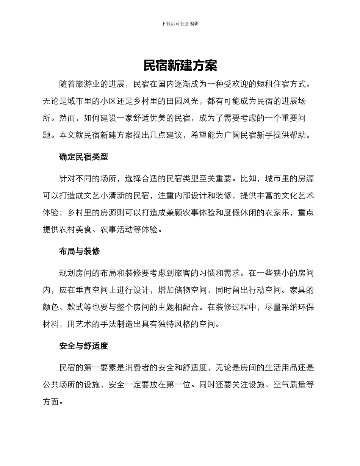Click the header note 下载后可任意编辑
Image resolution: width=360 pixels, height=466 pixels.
[x=180, y=23]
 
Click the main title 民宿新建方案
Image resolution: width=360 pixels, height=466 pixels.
[x=180, y=66]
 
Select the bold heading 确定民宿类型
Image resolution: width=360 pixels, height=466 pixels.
[x=84, y=157]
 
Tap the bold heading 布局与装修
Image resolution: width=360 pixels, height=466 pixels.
[x=80, y=251]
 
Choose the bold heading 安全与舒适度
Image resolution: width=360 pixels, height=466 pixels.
[x=84, y=346]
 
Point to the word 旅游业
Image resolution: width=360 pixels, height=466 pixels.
[x=84, y=84]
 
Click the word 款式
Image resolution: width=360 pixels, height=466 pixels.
[x=76, y=307]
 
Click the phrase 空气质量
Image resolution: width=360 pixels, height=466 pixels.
[x=289, y=385]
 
